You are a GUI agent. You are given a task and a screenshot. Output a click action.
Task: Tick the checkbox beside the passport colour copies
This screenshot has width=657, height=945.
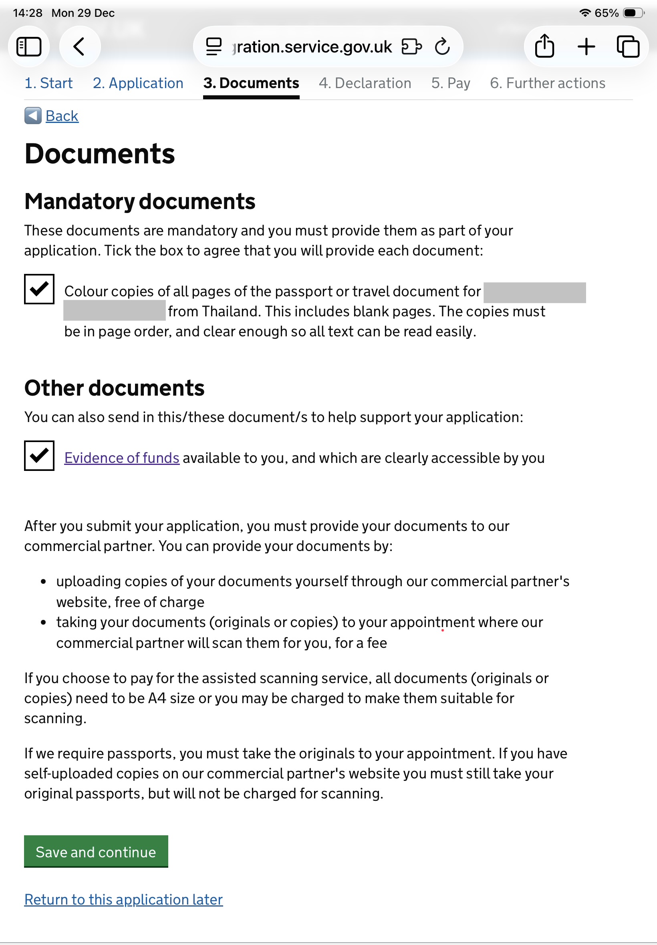39,289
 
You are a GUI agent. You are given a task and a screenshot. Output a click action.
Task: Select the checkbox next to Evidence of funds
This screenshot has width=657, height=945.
39,455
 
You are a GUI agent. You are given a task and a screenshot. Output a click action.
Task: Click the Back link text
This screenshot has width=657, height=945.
62,116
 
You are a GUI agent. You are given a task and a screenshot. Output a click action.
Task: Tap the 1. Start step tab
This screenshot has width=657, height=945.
48,83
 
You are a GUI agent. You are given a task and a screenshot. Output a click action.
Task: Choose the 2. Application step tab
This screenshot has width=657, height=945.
138,83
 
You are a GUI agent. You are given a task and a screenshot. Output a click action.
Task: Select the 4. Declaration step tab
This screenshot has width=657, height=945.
365,83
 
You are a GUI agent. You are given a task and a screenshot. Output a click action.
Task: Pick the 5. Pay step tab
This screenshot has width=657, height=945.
450,83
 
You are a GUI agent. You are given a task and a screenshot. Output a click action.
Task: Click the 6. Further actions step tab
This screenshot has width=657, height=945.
547,83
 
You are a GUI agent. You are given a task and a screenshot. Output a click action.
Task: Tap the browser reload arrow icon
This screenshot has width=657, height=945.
442,46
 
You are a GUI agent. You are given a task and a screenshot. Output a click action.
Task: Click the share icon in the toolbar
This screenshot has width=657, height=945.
544,46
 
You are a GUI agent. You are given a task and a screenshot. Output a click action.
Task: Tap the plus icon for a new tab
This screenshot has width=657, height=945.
586,46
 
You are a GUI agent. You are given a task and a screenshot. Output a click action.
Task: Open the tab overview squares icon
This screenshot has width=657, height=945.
628,46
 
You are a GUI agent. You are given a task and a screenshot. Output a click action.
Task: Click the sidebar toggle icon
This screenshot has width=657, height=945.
29,46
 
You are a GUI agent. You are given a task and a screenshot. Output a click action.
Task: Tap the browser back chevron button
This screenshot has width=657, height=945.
79,46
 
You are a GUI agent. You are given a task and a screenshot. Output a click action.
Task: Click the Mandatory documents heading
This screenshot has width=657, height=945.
139,201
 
